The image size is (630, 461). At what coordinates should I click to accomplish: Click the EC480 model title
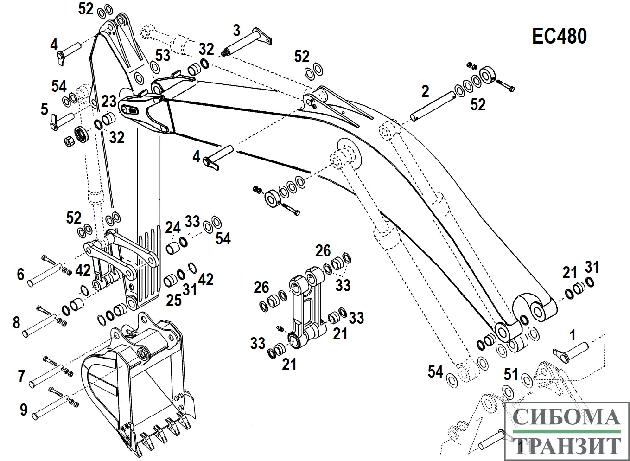coord(560,37)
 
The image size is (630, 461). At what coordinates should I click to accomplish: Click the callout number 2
coord(425,91)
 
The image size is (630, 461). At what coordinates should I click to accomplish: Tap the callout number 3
coord(237,31)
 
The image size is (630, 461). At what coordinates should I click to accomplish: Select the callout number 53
coord(163,56)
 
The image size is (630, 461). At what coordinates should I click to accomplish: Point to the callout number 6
coord(20,274)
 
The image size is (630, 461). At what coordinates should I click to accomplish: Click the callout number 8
coord(17,322)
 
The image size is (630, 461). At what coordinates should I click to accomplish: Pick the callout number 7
coord(21,376)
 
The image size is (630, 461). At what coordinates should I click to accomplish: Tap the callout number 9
coord(23,410)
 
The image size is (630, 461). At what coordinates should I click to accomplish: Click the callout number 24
coord(173,227)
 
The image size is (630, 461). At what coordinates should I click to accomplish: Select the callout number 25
coord(173,300)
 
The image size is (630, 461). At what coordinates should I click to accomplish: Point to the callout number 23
coord(109,101)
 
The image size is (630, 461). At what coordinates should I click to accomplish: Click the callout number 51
coord(510,374)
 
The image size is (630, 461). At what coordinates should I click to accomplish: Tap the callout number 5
coord(44,109)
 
